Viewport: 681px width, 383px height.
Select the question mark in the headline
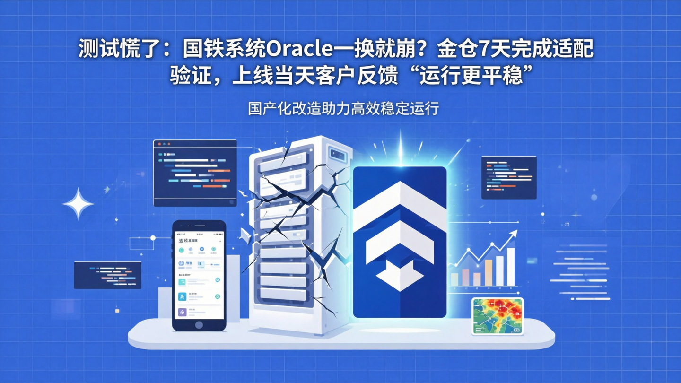pyautogui.click(x=424, y=50)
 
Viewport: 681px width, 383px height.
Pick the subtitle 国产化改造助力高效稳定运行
pyautogui.click(x=343, y=109)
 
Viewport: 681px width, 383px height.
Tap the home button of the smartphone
pyautogui.click(x=199, y=325)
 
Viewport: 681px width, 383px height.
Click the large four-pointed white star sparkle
pyautogui.click(x=78, y=204)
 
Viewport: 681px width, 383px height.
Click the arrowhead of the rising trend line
pyautogui.click(x=514, y=233)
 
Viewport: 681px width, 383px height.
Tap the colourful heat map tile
pyautogui.click(x=498, y=315)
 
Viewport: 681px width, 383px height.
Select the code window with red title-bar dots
pyautogui.click(x=195, y=173)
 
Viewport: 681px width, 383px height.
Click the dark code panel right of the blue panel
pyautogui.click(x=508, y=177)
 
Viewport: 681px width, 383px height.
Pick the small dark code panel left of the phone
pyautogui.click(x=107, y=275)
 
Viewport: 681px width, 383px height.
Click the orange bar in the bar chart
pyautogui.click(x=489, y=272)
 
